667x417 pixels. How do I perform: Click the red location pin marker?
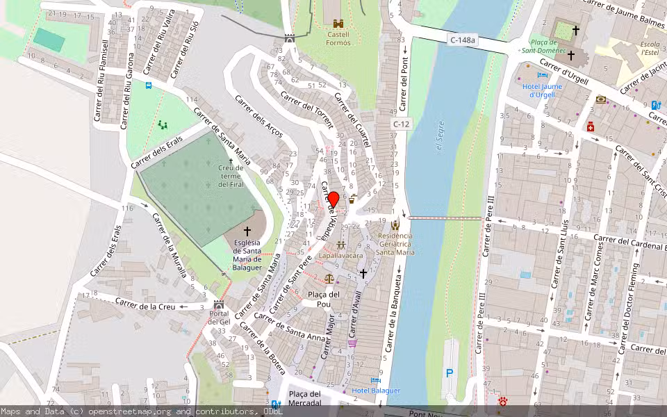(x=333, y=200)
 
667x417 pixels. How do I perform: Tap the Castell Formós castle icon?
(x=338, y=24)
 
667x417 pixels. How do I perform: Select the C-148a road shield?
(x=462, y=40)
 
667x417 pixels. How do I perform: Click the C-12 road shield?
(x=401, y=124)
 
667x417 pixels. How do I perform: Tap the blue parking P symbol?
(x=449, y=373)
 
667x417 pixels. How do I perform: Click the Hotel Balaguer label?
(x=376, y=391)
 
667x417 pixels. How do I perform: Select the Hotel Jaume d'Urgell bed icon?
(x=542, y=75)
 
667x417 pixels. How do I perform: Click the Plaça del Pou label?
(x=324, y=299)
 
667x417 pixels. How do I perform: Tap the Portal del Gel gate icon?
(x=219, y=305)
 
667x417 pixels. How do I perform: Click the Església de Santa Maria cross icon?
(x=247, y=231)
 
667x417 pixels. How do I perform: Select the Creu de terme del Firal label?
(x=231, y=177)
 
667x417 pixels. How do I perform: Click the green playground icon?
(x=163, y=125)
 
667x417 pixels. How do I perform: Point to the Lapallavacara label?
(x=341, y=256)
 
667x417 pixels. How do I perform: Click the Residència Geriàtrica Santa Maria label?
(x=395, y=244)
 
